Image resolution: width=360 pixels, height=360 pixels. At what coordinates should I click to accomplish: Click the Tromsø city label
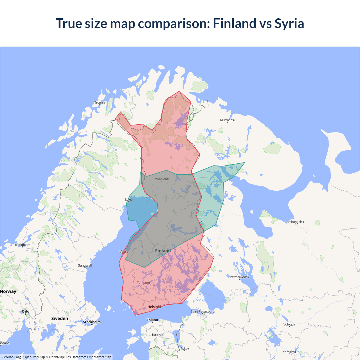[x=100, y=103]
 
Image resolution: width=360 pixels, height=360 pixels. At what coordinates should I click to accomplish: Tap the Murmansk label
[x=228, y=120]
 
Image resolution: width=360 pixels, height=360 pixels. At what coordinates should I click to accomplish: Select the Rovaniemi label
[x=161, y=179]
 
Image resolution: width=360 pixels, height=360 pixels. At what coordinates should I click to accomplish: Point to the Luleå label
[x=129, y=200]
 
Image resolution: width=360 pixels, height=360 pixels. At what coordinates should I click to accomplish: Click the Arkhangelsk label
[x=295, y=222]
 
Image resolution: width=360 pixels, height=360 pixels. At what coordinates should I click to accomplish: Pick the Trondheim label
[x=22, y=245]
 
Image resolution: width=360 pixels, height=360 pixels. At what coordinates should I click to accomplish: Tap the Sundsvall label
[x=85, y=265]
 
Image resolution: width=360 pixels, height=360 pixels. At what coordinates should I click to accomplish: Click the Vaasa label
[x=124, y=252]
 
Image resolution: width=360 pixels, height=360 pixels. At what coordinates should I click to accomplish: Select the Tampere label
[x=143, y=283]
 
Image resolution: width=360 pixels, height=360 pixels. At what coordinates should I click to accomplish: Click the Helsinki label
[x=154, y=307]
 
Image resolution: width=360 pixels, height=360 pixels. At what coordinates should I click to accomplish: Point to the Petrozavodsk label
[x=239, y=277]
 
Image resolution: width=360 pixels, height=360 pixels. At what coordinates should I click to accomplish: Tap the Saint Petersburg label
[x=202, y=311]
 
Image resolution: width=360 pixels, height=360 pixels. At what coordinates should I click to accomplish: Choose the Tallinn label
[x=152, y=320]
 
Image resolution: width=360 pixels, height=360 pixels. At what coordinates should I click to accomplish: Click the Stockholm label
[x=92, y=322]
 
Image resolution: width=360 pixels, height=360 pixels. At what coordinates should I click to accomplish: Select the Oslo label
[x=26, y=311]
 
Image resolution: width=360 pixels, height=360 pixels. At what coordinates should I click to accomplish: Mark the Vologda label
[x=289, y=325]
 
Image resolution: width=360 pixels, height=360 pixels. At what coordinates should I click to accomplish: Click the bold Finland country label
[x=163, y=251]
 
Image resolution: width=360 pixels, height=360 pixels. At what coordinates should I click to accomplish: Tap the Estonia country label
[x=157, y=335]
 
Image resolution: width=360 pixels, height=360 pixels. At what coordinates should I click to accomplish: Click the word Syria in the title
[x=289, y=23]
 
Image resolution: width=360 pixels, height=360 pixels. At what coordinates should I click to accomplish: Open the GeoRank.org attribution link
[x=11, y=357]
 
